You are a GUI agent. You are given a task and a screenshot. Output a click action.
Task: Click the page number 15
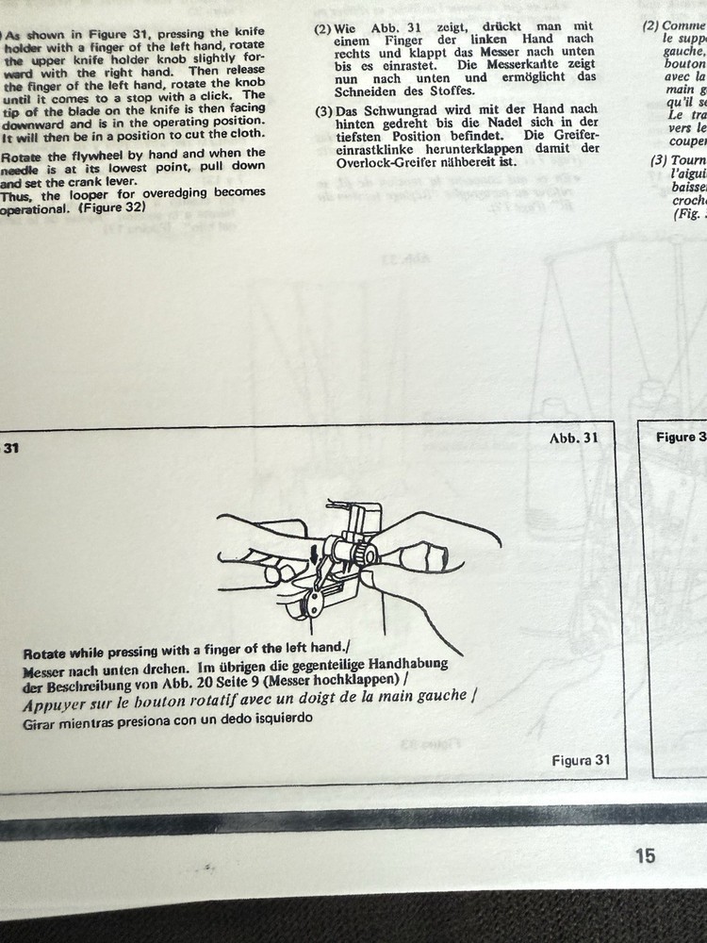click(645, 855)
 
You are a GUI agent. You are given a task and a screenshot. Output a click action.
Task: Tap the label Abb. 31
click(573, 438)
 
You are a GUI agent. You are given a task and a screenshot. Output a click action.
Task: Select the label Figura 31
click(582, 760)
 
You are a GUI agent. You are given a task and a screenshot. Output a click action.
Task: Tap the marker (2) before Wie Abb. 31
click(322, 29)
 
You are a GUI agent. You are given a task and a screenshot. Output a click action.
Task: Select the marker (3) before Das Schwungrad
click(322, 111)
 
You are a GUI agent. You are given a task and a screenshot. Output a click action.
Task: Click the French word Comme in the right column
click(683, 25)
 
